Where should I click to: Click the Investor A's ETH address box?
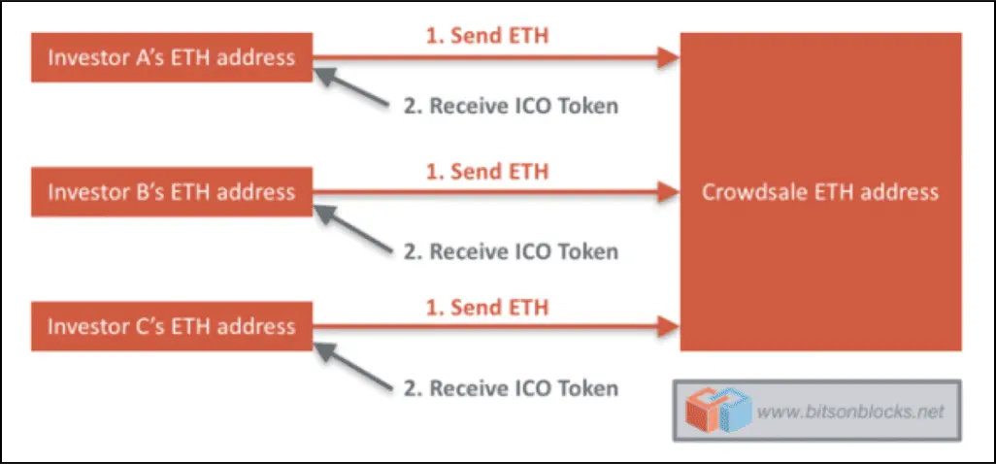[x=172, y=58]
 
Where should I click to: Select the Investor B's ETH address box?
[x=172, y=192]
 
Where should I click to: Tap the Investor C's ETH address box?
[x=172, y=326]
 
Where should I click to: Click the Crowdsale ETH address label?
[x=820, y=191]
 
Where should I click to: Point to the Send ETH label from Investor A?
[x=486, y=37]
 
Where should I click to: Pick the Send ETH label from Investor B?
[x=486, y=172]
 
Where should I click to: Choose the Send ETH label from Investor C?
[x=486, y=308]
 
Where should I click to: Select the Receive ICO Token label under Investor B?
[x=511, y=251]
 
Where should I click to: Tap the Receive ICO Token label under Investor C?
[x=511, y=388]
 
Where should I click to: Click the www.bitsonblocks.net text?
[x=849, y=412]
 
